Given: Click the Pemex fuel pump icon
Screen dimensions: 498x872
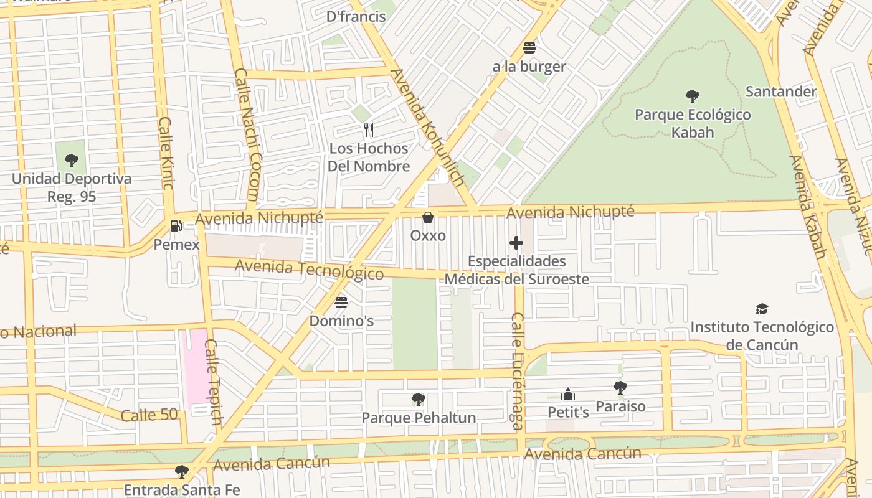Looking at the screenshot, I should coord(177,226).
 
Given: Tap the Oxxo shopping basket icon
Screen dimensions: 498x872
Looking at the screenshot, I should coord(428,217).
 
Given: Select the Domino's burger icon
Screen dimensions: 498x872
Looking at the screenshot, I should coord(341,303).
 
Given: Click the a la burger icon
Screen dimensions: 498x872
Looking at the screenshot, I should coord(529,48).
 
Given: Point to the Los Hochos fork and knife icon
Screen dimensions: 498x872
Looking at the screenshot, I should coord(369,129).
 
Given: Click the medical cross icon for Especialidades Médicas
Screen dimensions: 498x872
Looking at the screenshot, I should coord(516,243).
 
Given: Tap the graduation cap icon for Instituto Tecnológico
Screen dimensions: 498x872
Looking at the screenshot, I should coord(762,309).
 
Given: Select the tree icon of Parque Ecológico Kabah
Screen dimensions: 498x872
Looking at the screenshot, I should coord(692,96).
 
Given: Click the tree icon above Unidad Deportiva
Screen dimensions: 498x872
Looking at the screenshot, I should coord(72,160).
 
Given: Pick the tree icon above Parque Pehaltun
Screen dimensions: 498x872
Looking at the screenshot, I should coord(419,399).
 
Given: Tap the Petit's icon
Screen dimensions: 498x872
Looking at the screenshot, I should coord(568,394).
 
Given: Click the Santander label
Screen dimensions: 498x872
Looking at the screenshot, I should coord(781,92).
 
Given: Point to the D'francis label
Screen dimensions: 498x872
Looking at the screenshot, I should coord(356,16).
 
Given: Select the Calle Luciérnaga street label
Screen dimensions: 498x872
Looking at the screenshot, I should coord(518,371).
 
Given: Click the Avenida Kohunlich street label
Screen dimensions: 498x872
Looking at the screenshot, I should coord(427,128).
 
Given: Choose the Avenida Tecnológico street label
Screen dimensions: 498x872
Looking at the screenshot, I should coord(309,270).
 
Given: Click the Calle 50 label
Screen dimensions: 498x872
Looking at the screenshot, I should coord(149,415).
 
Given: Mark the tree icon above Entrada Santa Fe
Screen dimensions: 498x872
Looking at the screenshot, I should coord(181,471).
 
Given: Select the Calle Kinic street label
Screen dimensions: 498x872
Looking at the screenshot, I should coord(166,153).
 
